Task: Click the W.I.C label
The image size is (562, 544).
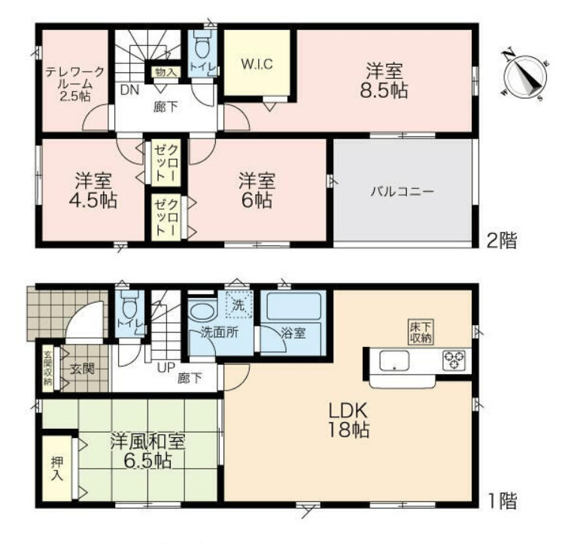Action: click(257, 64)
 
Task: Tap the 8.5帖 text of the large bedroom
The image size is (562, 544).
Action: click(384, 90)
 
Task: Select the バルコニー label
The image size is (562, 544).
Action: click(403, 191)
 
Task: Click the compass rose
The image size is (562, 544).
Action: click(525, 75)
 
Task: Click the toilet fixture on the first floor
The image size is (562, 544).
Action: click(129, 303)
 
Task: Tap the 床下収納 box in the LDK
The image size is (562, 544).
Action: click(421, 332)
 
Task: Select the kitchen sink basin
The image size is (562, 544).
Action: click(394, 360)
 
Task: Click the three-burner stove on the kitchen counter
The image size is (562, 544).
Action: click(454, 360)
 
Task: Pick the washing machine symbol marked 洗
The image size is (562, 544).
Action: click(239, 304)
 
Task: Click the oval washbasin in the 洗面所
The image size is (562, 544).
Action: click(202, 312)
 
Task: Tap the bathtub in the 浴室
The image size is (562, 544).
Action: click(293, 306)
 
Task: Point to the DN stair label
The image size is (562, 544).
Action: click(129, 90)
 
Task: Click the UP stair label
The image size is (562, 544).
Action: click(166, 367)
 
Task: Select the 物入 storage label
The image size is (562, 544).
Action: click(166, 71)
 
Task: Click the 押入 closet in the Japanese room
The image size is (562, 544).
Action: click(57, 468)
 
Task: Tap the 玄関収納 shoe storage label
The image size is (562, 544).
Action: click(47, 368)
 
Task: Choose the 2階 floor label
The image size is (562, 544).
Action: click(502, 241)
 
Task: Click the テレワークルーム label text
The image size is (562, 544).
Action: click(74, 84)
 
